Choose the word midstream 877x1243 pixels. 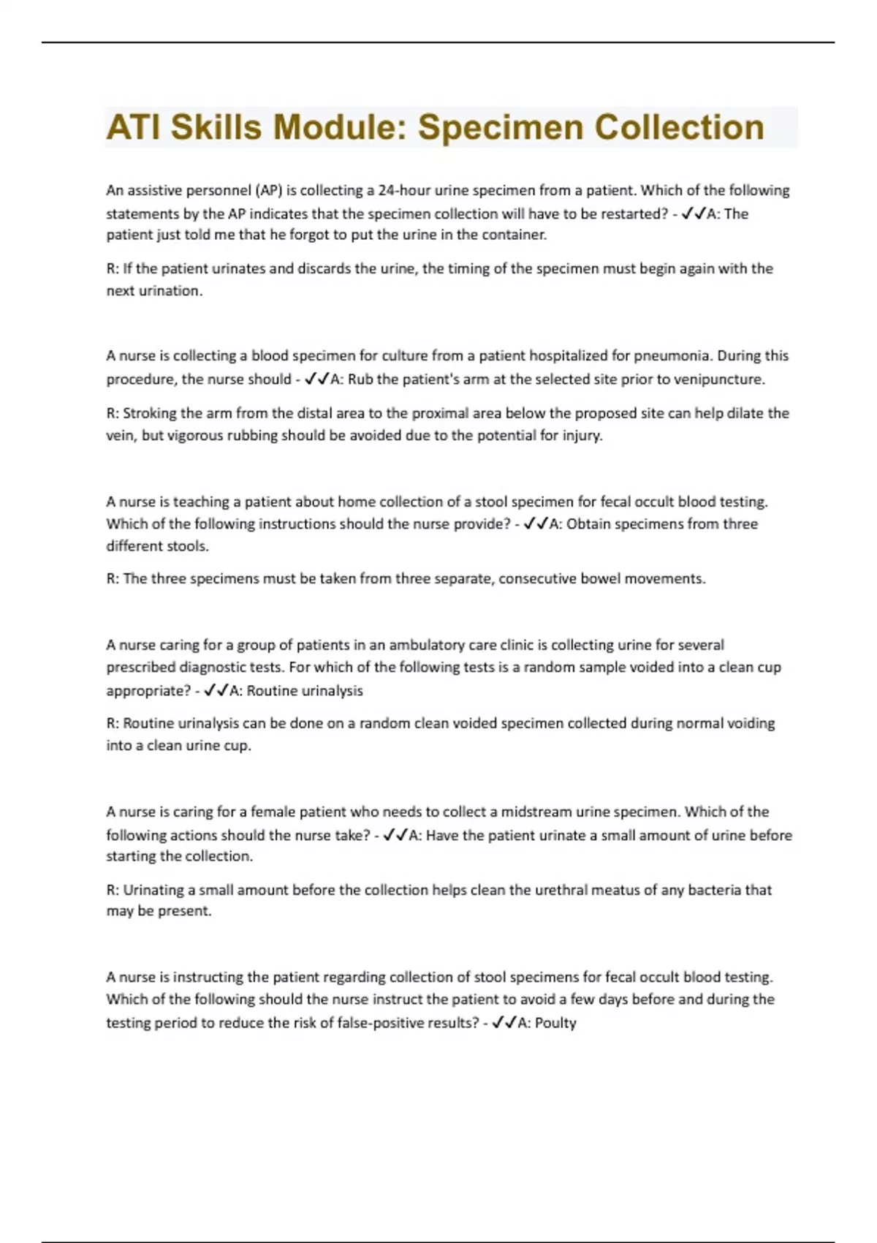536,812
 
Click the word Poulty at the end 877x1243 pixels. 555,1023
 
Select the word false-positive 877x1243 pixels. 386,1023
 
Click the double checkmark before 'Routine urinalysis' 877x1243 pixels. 216,690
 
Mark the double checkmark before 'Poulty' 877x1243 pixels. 504,1023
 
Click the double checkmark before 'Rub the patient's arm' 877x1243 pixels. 316,379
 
